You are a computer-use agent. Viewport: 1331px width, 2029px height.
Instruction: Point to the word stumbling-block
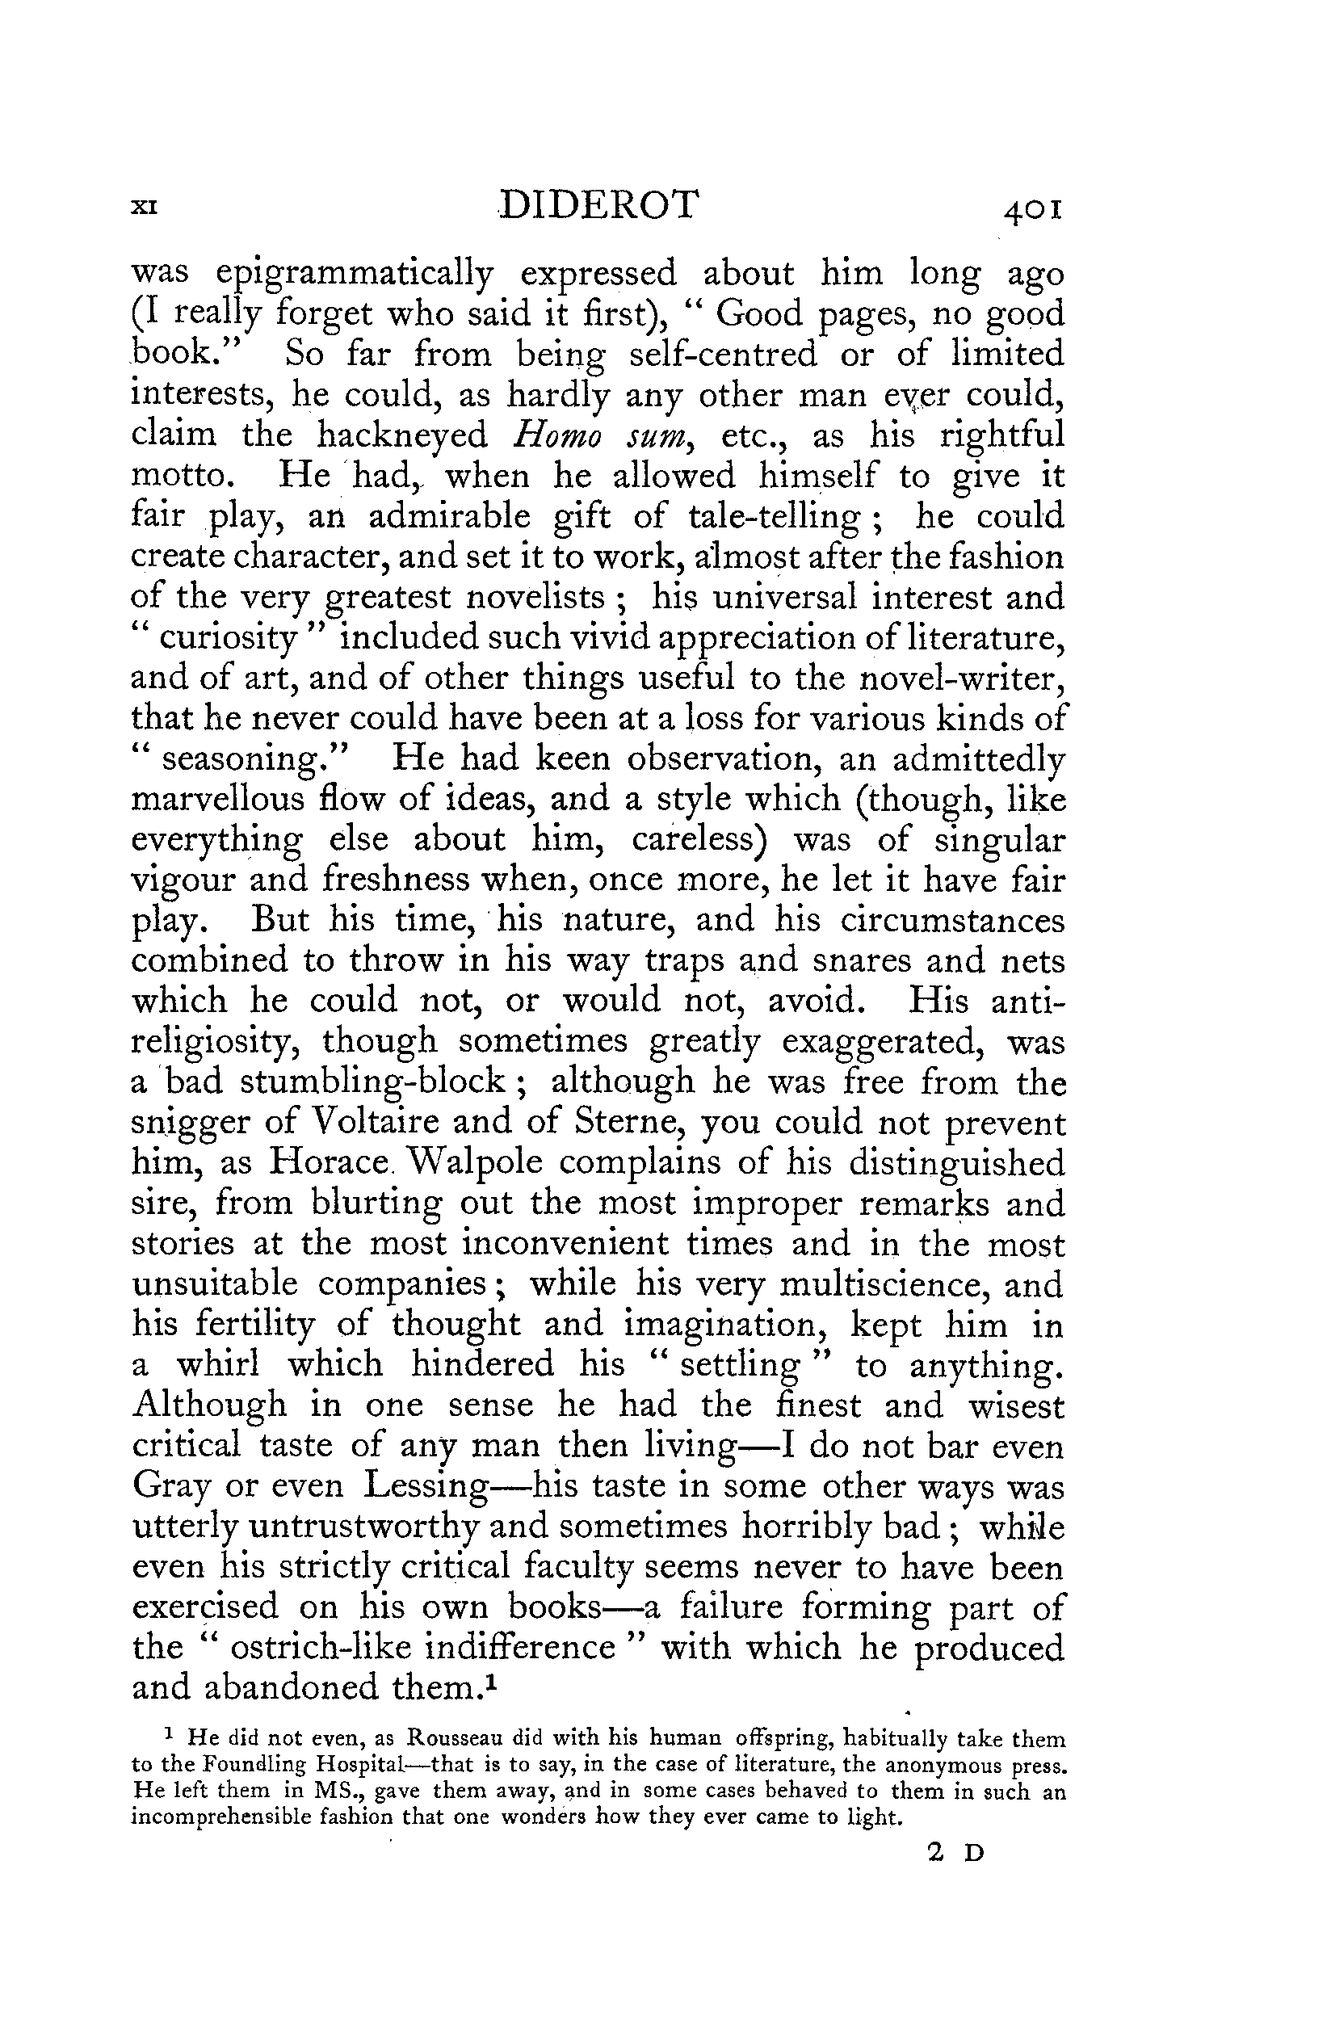[x=372, y=1082]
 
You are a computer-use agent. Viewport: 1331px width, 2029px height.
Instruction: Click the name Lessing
[x=425, y=1487]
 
